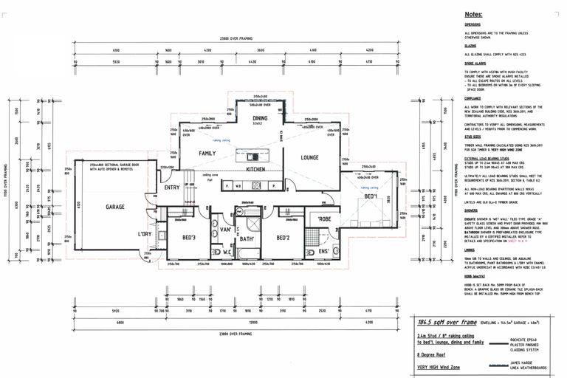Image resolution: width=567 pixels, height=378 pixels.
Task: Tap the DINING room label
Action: pyautogui.click(x=260, y=118)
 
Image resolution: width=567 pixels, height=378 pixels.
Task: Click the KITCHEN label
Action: pyautogui.click(x=255, y=169)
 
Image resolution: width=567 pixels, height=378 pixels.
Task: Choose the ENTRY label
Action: pyautogui.click(x=172, y=188)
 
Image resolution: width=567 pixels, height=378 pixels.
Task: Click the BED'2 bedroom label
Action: pyautogui.click(x=282, y=238)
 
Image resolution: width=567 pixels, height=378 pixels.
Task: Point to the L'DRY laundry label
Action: pyautogui.click(x=145, y=234)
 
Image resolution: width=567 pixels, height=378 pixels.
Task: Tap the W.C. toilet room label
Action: pyautogui.click(x=227, y=252)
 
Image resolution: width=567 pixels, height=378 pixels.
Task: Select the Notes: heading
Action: pyautogui.click(x=473, y=14)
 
